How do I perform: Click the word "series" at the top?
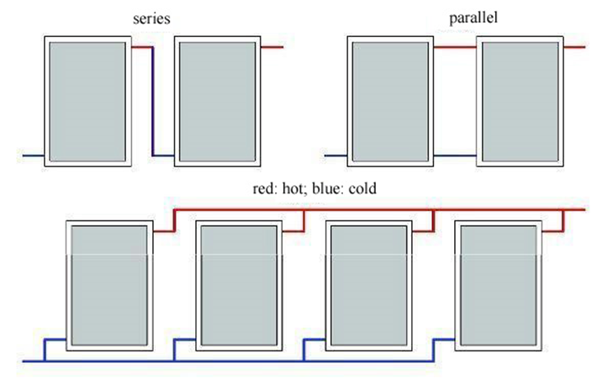[x=151, y=18]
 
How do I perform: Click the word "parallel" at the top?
[x=473, y=18]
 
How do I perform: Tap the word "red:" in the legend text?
[x=266, y=188]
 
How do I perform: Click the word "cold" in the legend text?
[x=362, y=188]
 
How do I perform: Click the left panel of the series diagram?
[x=87, y=101]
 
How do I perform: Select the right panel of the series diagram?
[x=217, y=101]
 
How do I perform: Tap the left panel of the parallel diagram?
[x=390, y=101]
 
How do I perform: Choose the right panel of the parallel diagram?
[x=520, y=101]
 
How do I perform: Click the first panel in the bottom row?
[x=109, y=286]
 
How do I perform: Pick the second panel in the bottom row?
[x=239, y=286]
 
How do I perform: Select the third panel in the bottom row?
[x=368, y=286]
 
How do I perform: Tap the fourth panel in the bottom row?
[x=499, y=286]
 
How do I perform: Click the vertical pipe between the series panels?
[x=153, y=101]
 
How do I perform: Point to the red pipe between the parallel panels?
[x=455, y=47]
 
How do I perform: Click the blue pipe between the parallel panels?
[x=455, y=156]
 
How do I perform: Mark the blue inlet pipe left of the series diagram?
[x=34, y=156]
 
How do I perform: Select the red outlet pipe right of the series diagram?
[x=272, y=47]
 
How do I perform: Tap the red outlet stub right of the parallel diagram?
[x=574, y=47]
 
